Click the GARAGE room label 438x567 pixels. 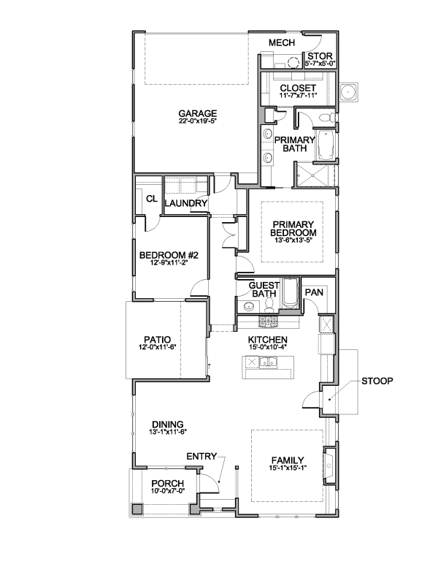click(197, 113)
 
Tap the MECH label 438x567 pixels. click(282, 42)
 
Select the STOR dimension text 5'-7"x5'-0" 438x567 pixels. click(320, 64)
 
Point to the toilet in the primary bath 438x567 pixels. click(329, 118)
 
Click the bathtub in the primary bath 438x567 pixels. click(326, 145)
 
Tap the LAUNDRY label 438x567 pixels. click(185, 203)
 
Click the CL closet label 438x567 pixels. click(152, 199)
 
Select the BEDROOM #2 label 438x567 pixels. click(169, 255)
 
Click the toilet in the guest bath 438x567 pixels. click(269, 305)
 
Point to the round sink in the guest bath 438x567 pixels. click(249, 307)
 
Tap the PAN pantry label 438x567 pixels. click(314, 292)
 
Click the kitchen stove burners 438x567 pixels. click(268, 321)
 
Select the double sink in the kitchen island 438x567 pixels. click(268, 361)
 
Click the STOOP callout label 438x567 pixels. click(377, 381)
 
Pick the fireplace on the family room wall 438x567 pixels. click(329, 465)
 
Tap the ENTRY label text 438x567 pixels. click(201, 457)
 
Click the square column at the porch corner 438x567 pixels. click(137, 509)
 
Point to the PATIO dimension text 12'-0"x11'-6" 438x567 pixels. click(157, 346)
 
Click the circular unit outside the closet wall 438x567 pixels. click(348, 92)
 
